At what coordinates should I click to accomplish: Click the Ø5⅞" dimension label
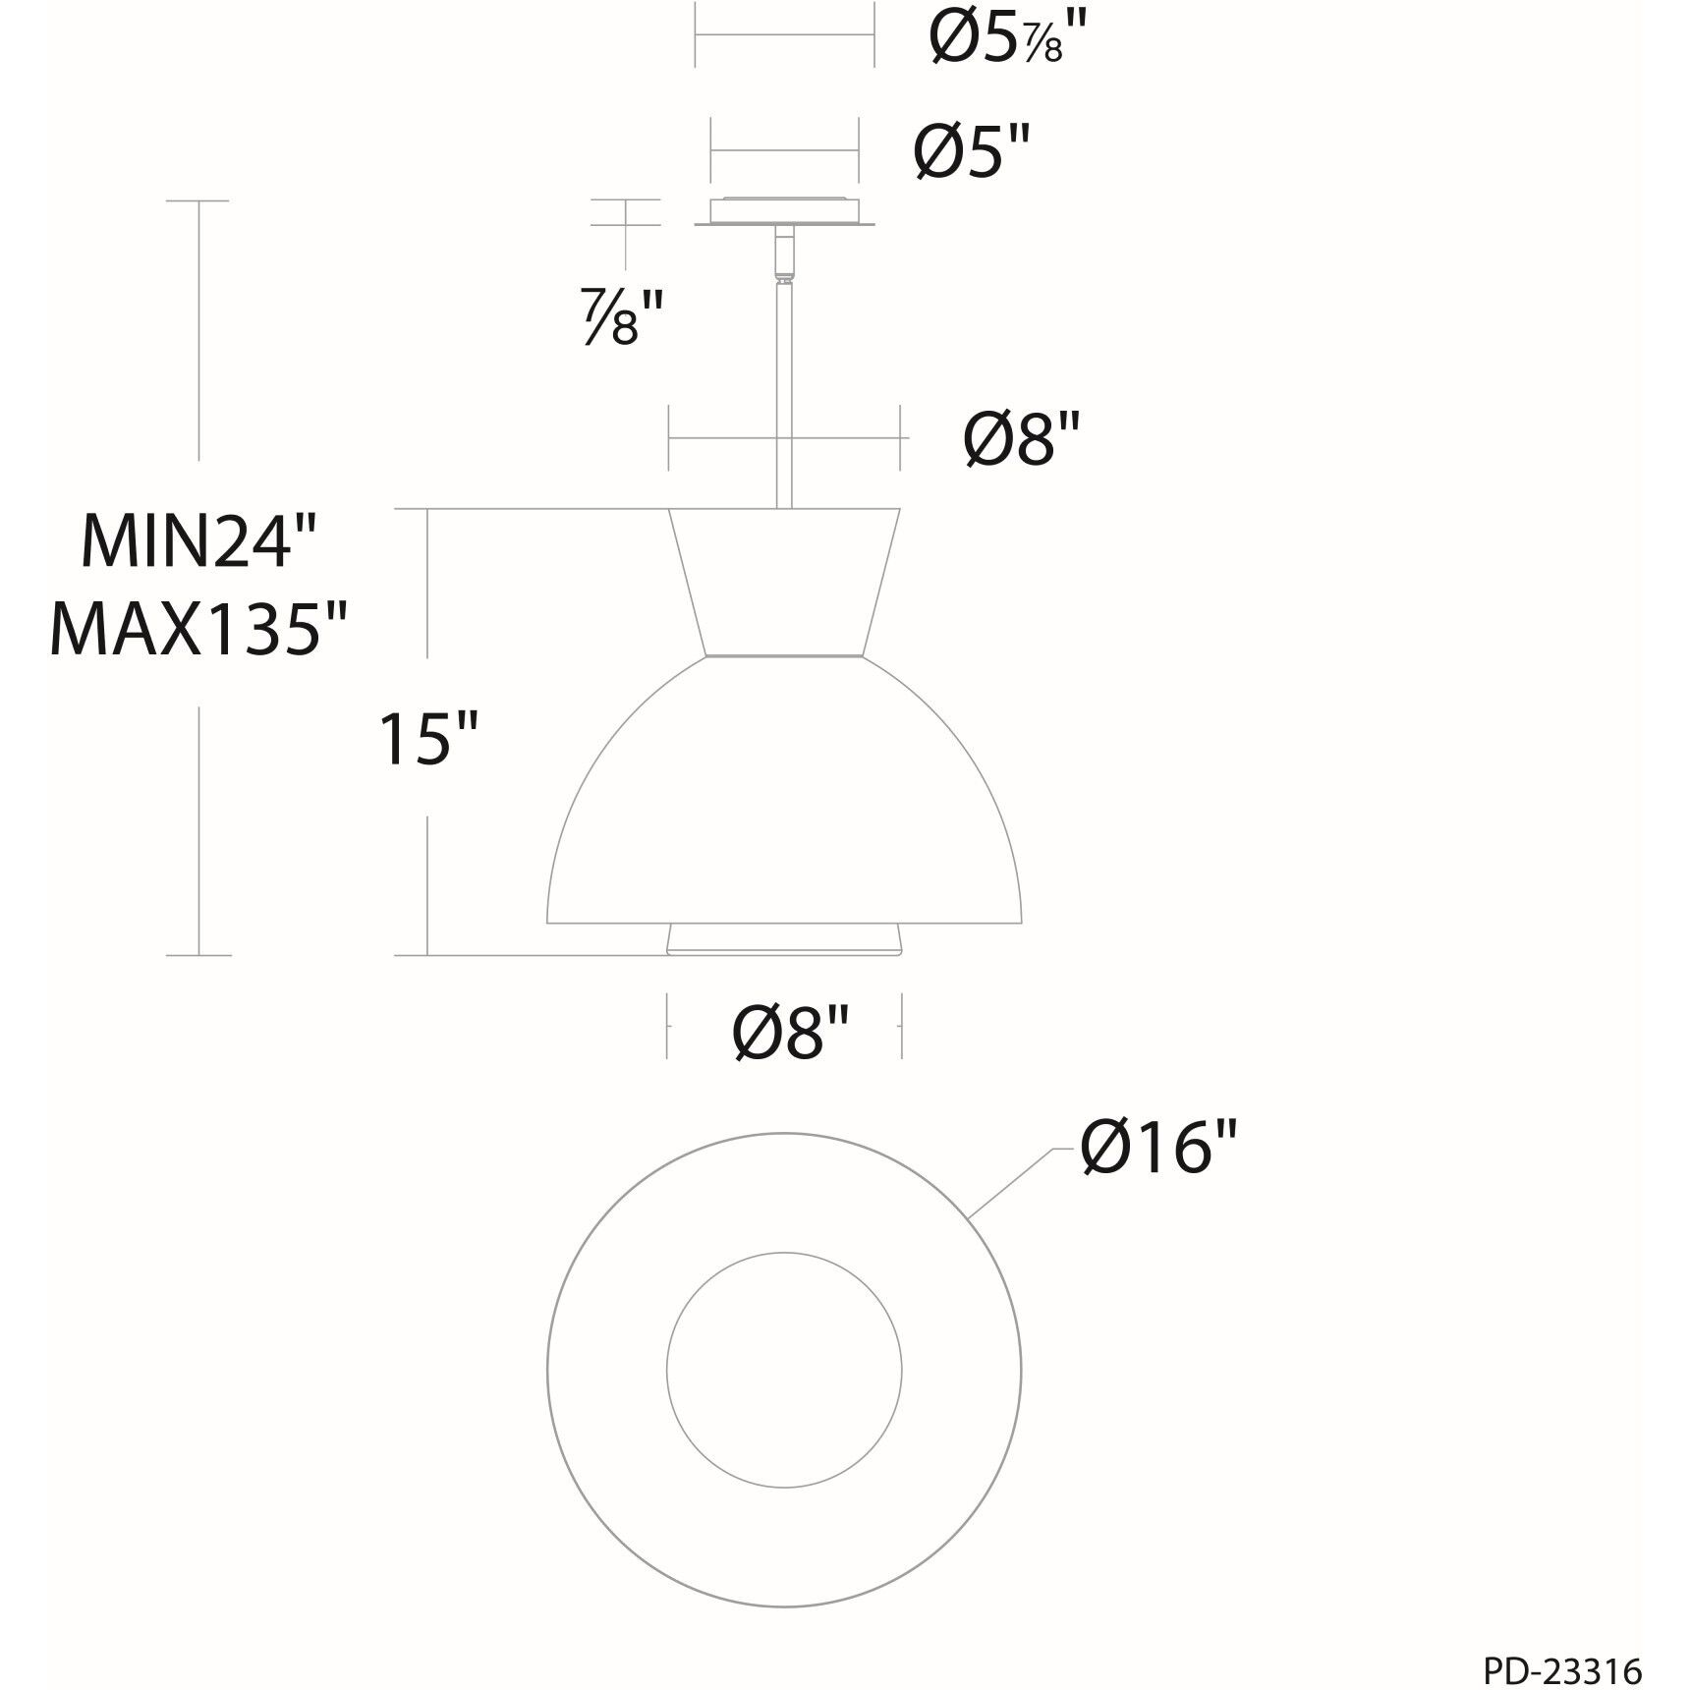[1011, 41]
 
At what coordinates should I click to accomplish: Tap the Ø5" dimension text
[972, 152]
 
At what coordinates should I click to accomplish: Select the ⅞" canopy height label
[621, 315]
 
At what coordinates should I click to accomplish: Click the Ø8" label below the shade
[791, 1032]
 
